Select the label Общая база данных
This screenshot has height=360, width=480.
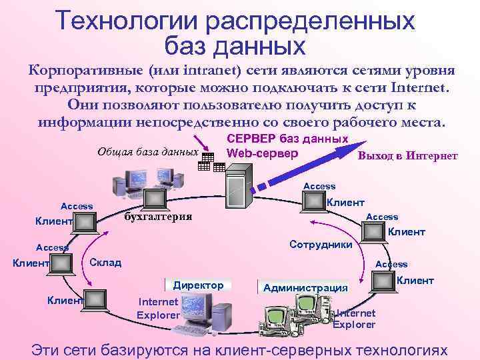click(148, 151)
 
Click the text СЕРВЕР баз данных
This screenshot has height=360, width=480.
click(287, 139)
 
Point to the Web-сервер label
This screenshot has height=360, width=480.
click(262, 153)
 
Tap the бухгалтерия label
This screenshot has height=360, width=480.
click(159, 216)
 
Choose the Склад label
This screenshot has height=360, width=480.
click(105, 262)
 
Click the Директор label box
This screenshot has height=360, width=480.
click(198, 285)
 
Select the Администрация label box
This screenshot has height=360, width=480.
click(306, 288)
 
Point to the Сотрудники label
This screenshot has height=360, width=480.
click(321, 245)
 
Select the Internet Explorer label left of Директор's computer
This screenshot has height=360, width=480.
click(158, 308)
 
